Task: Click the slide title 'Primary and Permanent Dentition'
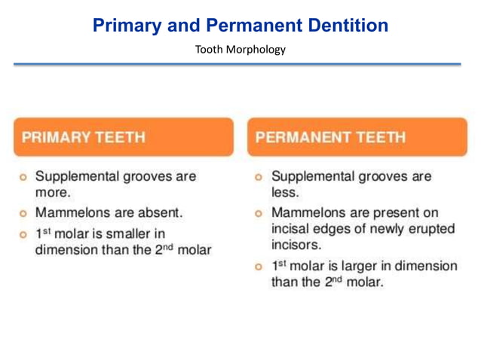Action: pyautogui.click(x=240, y=26)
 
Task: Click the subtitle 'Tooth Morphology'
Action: pyautogui.click(x=240, y=50)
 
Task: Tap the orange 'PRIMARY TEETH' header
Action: pyautogui.click(x=123, y=137)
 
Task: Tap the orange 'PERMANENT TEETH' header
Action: pyautogui.click(x=357, y=137)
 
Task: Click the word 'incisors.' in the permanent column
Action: pyautogui.click(x=296, y=245)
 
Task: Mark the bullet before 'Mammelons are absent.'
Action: pyautogui.click(x=23, y=213)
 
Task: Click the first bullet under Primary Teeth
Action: pyautogui.click(x=23, y=177)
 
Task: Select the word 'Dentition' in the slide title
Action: pyautogui.click(x=350, y=26)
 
